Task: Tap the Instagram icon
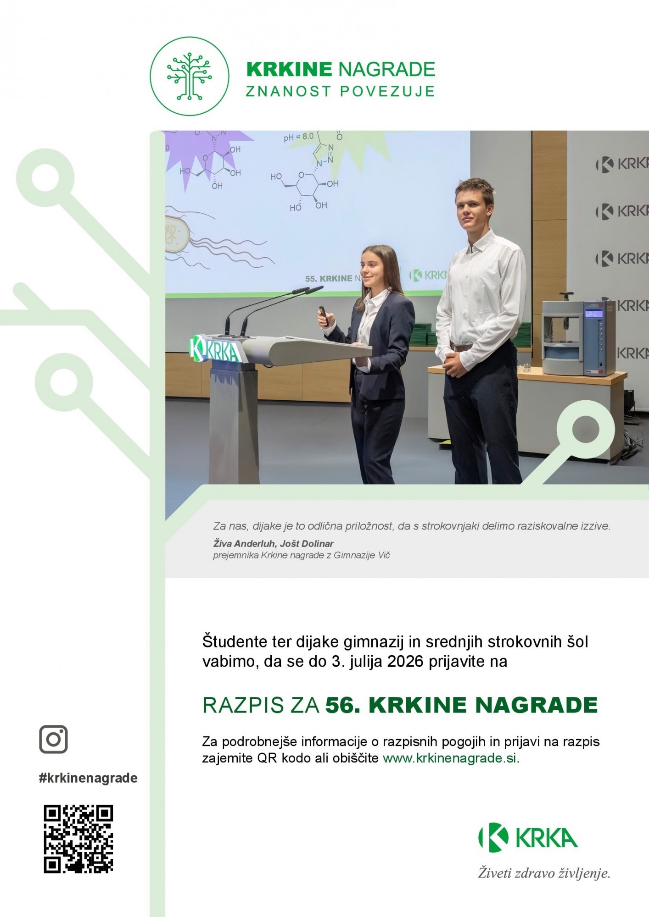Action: pyautogui.click(x=54, y=739)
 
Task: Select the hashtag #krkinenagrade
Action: pyautogui.click(x=88, y=778)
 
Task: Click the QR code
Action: pyautogui.click(x=78, y=839)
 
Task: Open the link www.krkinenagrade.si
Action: pyautogui.click(x=450, y=758)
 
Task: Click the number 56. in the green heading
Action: pyautogui.click(x=344, y=705)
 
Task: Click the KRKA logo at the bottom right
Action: pyautogui.click(x=528, y=837)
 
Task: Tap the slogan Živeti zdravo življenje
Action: pyautogui.click(x=544, y=873)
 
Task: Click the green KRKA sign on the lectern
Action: pyautogui.click(x=215, y=350)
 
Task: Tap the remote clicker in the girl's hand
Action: pyautogui.click(x=324, y=316)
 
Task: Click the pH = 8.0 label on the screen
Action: pyautogui.click(x=298, y=137)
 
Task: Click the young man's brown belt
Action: pyautogui.click(x=461, y=347)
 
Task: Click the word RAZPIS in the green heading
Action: pyautogui.click(x=237, y=705)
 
